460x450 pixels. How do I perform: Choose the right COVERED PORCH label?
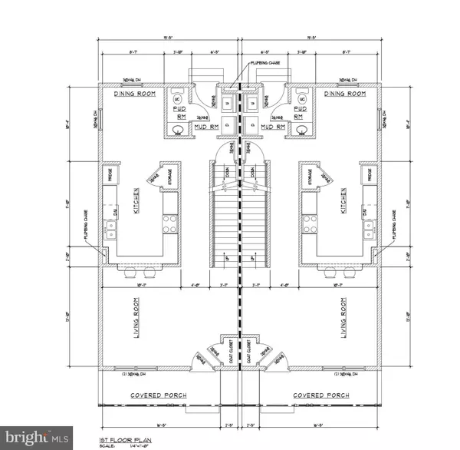pos(322,395)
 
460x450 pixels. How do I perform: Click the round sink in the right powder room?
pos(301,128)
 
